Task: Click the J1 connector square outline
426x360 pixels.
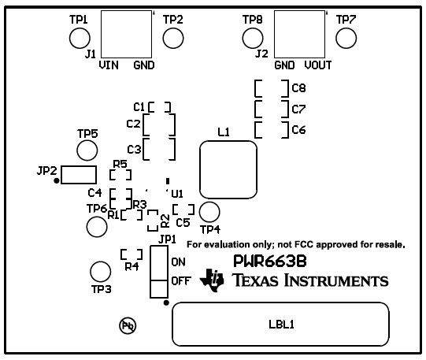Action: tap(125, 35)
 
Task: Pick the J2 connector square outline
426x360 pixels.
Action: tap(298, 35)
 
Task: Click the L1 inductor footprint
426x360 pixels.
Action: tap(229, 169)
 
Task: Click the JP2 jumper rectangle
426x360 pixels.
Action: tap(79, 173)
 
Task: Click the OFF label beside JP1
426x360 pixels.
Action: tap(180, 280)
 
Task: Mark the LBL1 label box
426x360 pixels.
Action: tap(281, 323)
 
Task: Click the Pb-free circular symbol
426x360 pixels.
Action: tap(126, 325)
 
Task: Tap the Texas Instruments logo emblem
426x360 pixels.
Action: tap(213, 279)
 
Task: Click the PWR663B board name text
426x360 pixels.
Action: tap(269, 260)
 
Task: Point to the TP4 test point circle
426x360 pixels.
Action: tap(209, 211)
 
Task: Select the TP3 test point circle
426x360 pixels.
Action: tap(100, 272)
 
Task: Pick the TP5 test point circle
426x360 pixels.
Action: tap(87, 150)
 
